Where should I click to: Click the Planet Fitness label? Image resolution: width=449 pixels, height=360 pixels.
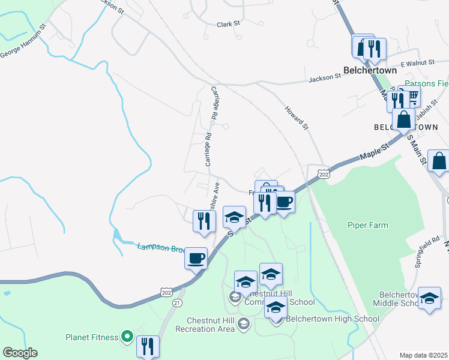(x=92, y=337)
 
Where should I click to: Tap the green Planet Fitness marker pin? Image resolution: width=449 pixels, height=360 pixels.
(x=127, y=337)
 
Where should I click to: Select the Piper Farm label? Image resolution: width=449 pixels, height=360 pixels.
(x=367, y=226)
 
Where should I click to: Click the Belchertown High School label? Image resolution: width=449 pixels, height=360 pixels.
(x=333, y=319)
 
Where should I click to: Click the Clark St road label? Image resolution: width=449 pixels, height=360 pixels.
(x=228, y=24)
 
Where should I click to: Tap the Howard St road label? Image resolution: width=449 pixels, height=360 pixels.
(x=296, y=118)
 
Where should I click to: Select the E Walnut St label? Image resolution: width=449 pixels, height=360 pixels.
(x=418, y=62)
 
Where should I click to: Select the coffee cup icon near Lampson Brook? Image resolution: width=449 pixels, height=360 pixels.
(x=196, y=259)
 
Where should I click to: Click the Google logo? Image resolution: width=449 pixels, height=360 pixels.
(x=20, y=353)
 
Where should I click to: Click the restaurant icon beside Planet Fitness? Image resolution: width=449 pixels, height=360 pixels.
(x=148, y=346)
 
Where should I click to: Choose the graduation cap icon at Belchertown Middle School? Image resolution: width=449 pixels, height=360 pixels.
(x=429, y=299)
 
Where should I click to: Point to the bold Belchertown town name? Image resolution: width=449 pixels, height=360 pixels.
(x=370, y=70)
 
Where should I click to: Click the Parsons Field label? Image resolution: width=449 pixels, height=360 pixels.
(x=426, y=83)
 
